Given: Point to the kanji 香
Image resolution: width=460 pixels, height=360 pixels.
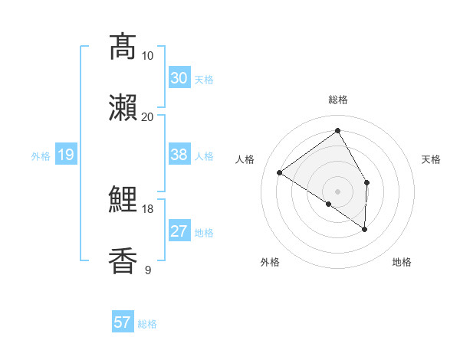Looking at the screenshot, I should [123, 260].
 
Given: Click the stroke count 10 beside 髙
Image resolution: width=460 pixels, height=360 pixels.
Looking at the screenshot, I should [147, 55].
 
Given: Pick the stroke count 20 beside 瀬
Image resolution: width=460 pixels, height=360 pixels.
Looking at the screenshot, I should [147, 116].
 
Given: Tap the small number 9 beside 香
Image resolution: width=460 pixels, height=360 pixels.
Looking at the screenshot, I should [147, 270].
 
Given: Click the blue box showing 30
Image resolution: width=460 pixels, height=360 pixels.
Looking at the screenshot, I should [179, 78].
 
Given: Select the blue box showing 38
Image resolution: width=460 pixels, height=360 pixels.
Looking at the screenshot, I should [179, 155].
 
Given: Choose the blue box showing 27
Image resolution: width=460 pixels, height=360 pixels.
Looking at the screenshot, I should [179, 231].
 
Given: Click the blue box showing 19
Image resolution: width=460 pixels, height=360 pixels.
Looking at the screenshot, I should [65, 155].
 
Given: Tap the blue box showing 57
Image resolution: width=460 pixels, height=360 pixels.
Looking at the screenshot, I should [122, 322].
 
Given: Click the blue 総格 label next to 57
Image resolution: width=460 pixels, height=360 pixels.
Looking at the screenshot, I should [147, 324].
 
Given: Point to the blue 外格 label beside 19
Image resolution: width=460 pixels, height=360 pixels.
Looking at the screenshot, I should [41, 156].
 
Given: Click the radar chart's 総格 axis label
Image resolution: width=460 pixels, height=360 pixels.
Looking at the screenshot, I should [337, 100].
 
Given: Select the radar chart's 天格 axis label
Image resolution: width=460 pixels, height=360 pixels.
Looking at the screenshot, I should [432, 159].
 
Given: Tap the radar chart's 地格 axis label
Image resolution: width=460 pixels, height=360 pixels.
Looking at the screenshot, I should [402, 262].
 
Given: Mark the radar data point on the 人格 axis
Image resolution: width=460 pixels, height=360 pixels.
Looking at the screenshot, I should [280, 172].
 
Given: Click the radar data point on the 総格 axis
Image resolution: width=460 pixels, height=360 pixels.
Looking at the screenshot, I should [337, 131].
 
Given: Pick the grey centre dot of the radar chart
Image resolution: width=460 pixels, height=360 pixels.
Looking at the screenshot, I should [337, 191].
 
